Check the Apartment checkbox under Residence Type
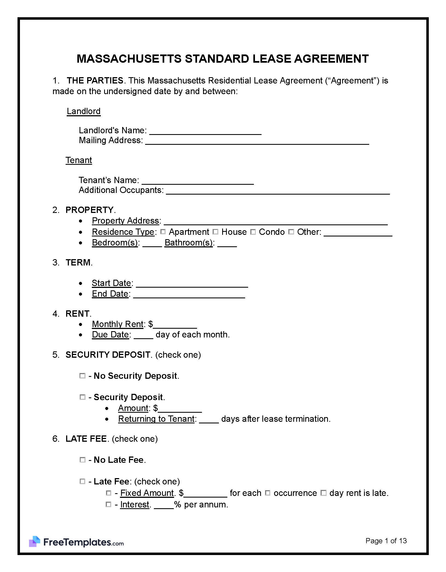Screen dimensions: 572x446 (163, 232)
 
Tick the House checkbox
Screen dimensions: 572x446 (215, 232)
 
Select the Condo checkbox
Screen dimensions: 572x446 (253, 232)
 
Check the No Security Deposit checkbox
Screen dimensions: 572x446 (82, 375)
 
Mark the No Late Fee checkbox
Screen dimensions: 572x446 (82, 460)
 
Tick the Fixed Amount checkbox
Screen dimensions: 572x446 (108, 493)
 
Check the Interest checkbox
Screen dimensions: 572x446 (108, 504)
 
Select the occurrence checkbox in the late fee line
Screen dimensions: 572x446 (268, 493)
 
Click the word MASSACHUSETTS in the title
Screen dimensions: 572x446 (129, 59)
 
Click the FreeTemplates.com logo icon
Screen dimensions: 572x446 (35, 541)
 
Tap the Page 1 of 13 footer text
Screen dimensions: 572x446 (386, 541)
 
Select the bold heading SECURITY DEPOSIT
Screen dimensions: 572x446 (108, 355)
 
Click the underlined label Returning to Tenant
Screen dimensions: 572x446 (156, 419)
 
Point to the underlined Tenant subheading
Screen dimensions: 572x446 (79, 160)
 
